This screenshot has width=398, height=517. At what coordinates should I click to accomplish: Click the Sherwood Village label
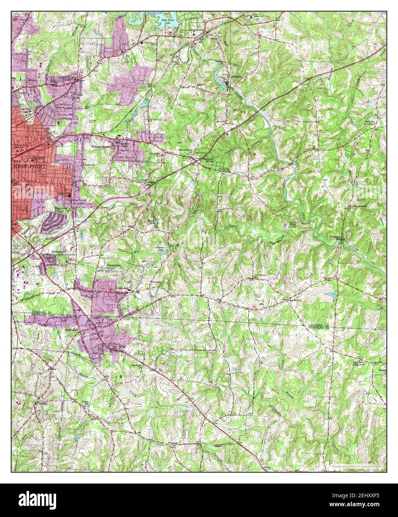coord(61,211)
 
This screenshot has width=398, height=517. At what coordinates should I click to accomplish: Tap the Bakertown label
coord(115,266)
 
